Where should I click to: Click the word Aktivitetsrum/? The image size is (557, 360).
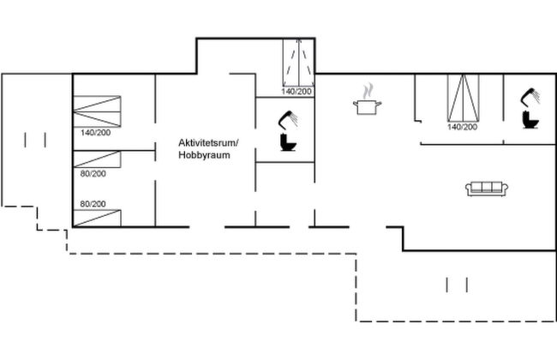pyautogui.click(x=208, y=141)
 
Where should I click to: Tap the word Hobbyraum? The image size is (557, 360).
pyautogui.click(x=205, y=155)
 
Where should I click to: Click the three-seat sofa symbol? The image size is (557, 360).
pyautogui.click(x=486, y=188)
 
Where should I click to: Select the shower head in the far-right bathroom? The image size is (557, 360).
pyautogui.click(x=530, y=94)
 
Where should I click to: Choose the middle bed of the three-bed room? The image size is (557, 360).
pyautogui.click(x=97, y=159)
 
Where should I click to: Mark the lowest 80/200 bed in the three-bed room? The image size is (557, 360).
pyautogui.click(x=97, y=218)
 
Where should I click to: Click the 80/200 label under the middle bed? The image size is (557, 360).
pyautogui.click(x=93, y=173)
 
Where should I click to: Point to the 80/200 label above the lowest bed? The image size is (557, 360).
pyautogui.click(x=93, y=204)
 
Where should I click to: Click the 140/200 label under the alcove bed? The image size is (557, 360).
pyautogui.click(x=298, y=91)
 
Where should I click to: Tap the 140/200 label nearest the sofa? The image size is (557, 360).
pyautogui.click(x=462, y=127)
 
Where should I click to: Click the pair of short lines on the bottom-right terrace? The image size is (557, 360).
pyautogui.click(x=457, y=285)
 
